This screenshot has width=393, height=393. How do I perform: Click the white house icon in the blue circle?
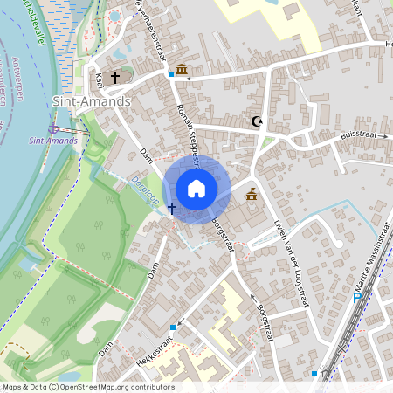point(196,188)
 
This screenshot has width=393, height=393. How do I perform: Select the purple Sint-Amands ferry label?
point(48,140)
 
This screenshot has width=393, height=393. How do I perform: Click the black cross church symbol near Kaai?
point(115,78)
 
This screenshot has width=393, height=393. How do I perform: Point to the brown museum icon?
point(182,69)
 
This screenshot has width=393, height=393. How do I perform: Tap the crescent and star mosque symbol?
point(256,121)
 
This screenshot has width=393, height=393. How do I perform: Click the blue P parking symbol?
point(357,297)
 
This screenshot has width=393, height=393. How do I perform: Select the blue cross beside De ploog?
point(172,209)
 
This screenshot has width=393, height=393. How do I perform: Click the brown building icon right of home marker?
point(252,195)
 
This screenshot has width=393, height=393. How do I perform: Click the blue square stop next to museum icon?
point(171,74)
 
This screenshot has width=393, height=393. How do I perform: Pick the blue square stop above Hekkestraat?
point(173,327)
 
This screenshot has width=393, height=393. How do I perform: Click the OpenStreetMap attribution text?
point(87,387)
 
